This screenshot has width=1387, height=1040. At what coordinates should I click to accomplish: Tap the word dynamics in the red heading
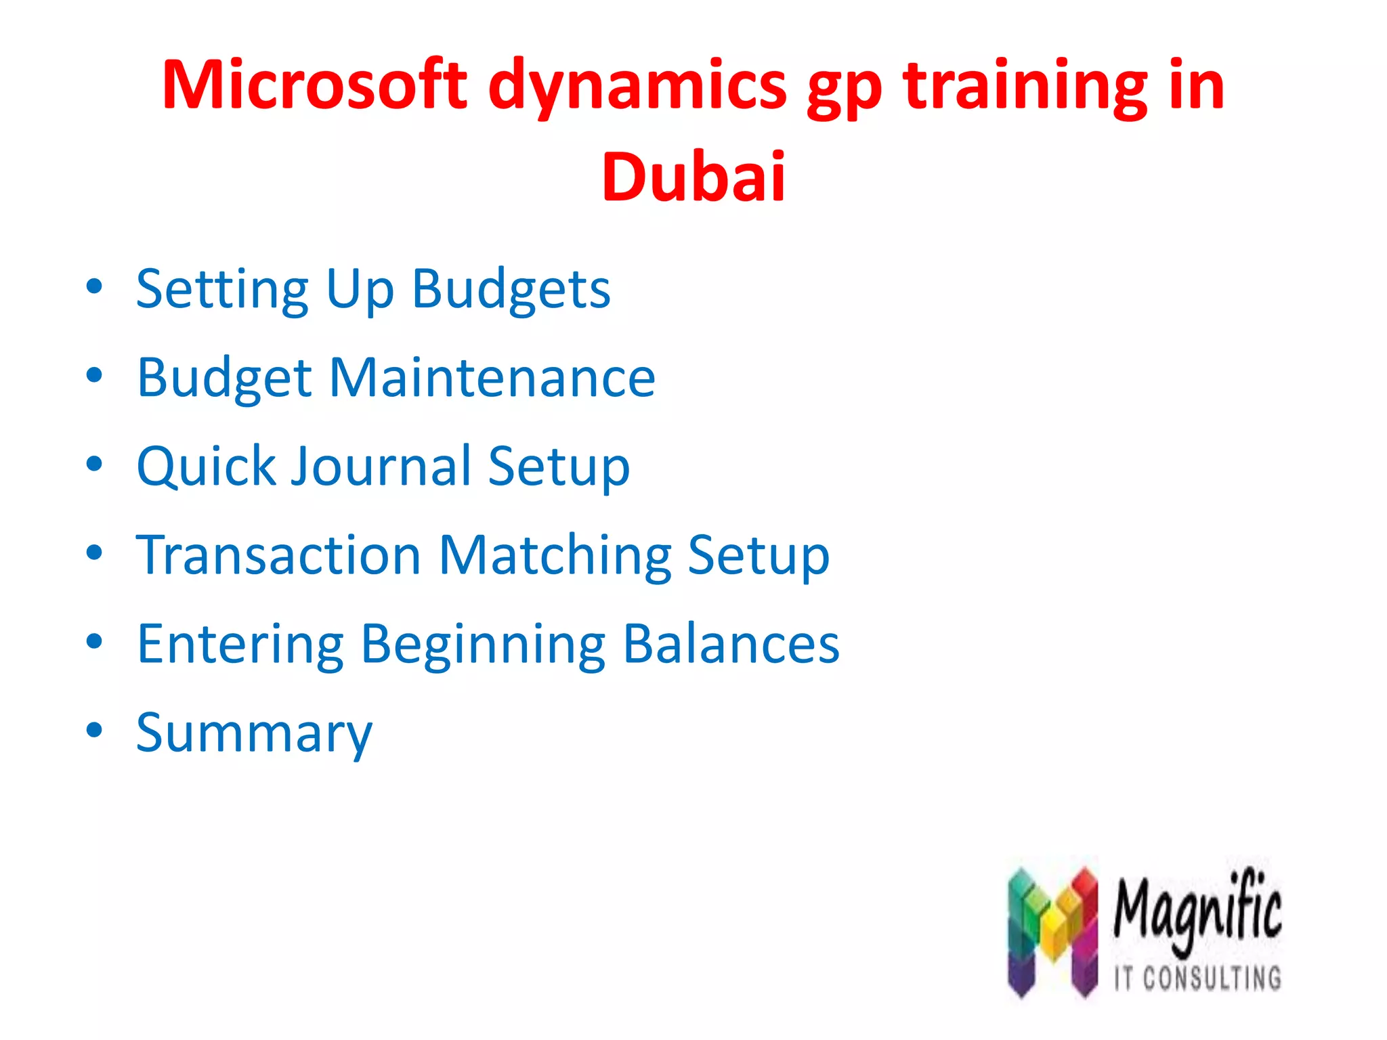click(637, 88)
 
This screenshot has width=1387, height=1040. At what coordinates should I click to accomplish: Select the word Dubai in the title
click(693, 177)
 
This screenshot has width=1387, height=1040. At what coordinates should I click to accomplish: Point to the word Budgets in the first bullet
click(511, 290)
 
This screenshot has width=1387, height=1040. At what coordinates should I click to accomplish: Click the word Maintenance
click(492, 377)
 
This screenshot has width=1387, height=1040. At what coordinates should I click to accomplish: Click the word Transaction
click(278, 555)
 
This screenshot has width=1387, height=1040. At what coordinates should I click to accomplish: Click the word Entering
click(240, 645)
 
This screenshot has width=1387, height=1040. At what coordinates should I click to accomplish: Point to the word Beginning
click(483, 645)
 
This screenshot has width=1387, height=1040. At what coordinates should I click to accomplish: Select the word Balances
click(731, 644)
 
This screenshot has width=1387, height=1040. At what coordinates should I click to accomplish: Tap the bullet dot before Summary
click(95, 730)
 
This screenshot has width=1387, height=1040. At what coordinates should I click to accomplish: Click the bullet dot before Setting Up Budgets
click(95, 286)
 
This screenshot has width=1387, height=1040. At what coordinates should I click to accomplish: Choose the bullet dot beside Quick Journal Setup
click(95, 464)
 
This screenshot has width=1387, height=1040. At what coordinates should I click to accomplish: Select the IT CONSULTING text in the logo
click(1197, 978)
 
